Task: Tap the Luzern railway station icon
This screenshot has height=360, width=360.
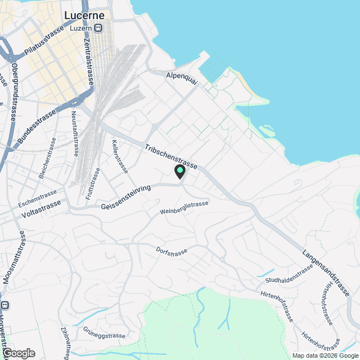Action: point(99,27)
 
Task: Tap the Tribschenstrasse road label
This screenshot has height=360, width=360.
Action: point(171,157)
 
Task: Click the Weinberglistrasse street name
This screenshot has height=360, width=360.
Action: point(184,208)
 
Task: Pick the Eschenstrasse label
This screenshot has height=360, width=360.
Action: point(38,197)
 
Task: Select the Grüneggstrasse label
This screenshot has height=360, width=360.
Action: point(103,333)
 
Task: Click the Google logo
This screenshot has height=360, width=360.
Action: point(18,353)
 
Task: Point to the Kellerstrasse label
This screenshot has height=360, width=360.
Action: point(120,156)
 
